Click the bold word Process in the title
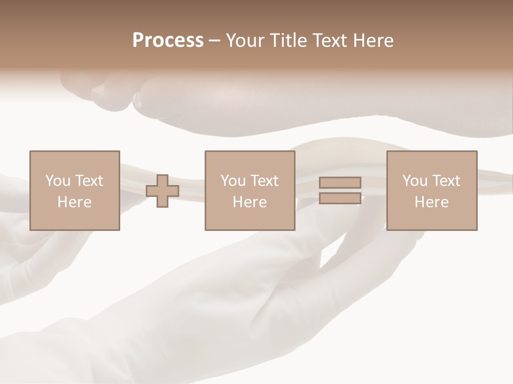coord(168,41)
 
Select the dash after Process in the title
coord(214,41)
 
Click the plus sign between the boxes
coord(162,191)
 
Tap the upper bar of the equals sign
coord(340,182)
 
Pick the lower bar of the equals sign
coord(340,198)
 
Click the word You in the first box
coord(58,181)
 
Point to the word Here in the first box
coord(75,202)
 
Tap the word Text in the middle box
coord(265,181)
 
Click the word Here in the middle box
coord(250,202)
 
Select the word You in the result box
coord(415,181)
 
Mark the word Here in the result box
coord(432,202)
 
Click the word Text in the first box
coord(89,181)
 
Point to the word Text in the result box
coord(446,181)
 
